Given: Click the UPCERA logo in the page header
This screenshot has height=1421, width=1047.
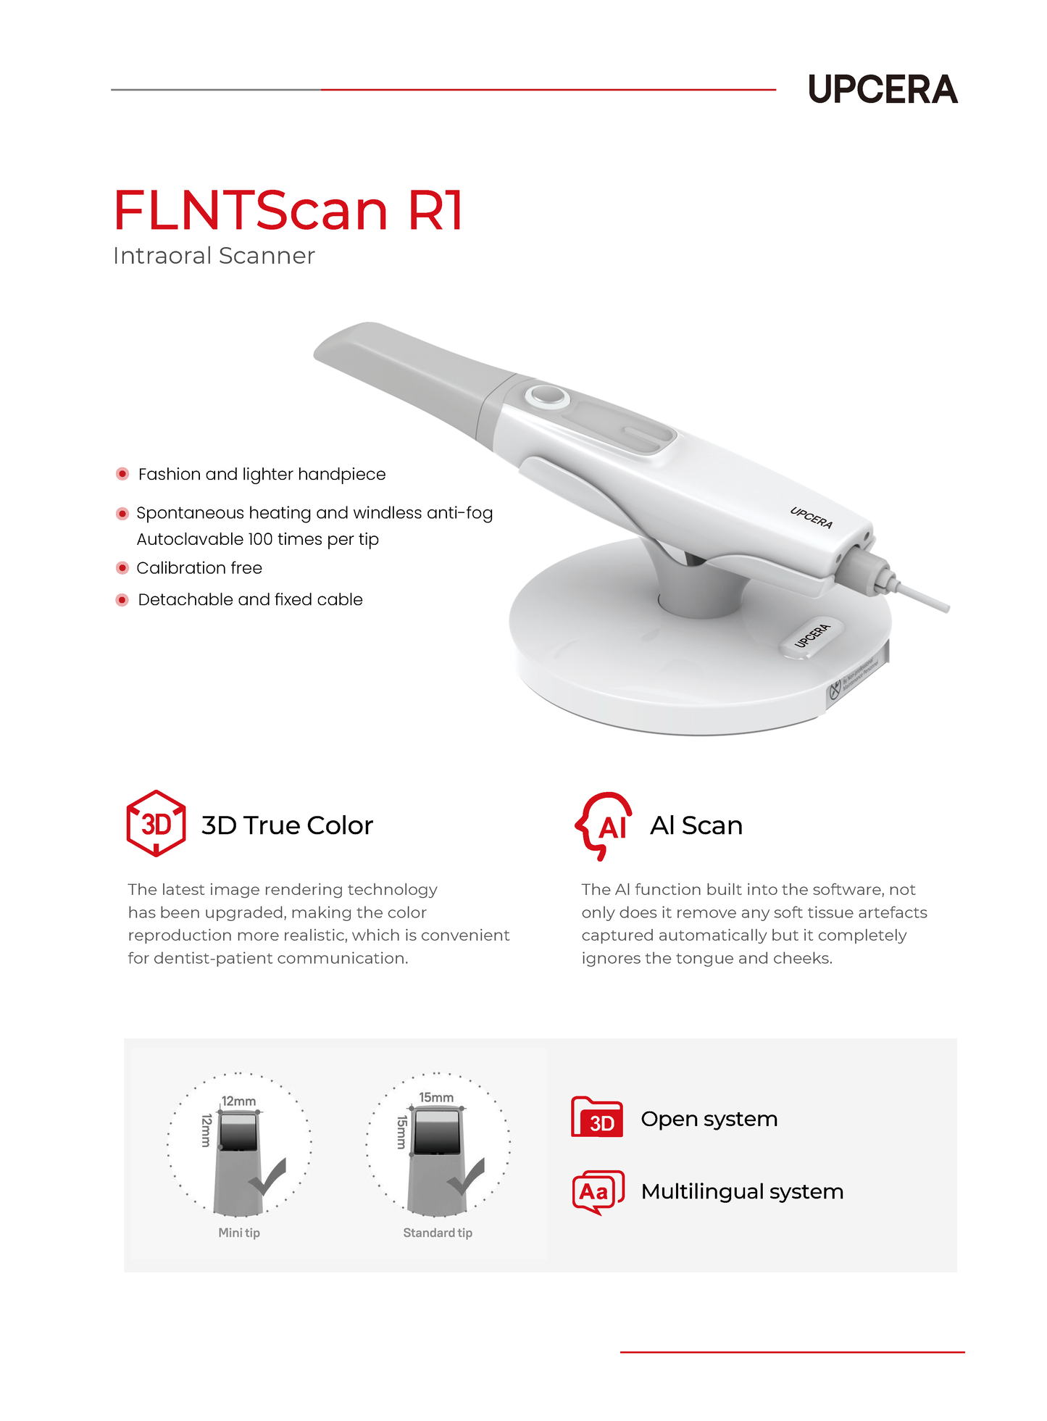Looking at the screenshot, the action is pyautogui.click(x=883, y=89).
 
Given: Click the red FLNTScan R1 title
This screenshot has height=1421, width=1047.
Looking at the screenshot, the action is pyautogui.click(x=288, y=210).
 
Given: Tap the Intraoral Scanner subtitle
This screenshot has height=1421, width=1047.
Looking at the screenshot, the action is pyautogui.click(x=214, y=256).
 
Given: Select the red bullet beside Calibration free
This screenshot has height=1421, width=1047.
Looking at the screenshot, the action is pyautogui.click(x=122, y=567).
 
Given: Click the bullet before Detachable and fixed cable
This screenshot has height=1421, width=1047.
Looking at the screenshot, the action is pyautogui.click(x=122, y=599).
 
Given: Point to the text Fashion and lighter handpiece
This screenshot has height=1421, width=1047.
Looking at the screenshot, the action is pyautogui.click(x=262, y=474).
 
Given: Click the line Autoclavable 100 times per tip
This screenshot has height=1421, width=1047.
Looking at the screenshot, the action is pyautogui.click(x=257, y=539).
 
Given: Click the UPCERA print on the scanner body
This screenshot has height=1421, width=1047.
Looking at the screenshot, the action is pyautogui.click(x=812, y=517).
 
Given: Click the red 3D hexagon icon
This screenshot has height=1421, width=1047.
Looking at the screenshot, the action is pyautogui.click(x=156, y=823).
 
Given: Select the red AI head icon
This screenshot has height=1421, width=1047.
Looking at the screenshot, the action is pyautogui.click(x=604, y=825).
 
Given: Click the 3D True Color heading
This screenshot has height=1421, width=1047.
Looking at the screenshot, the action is pyautogui.click(x=287, y=825).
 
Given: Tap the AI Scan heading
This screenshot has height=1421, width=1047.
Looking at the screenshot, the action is pyautogui.click(x=696, y=825).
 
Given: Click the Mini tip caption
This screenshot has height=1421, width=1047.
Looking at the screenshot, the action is pyautogui.click(x=239, y=1233).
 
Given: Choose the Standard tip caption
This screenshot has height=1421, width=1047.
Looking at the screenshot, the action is pyautogui.click(x=438, y=1233).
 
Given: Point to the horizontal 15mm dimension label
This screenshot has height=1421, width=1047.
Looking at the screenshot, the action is pyautogui.click(x=436, y=1097).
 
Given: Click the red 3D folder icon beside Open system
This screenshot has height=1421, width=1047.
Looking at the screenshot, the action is pyautogui.click(x=597, y=1117).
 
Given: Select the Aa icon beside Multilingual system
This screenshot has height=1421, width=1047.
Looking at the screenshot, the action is pyautogui.click(x=598, y=1191).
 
